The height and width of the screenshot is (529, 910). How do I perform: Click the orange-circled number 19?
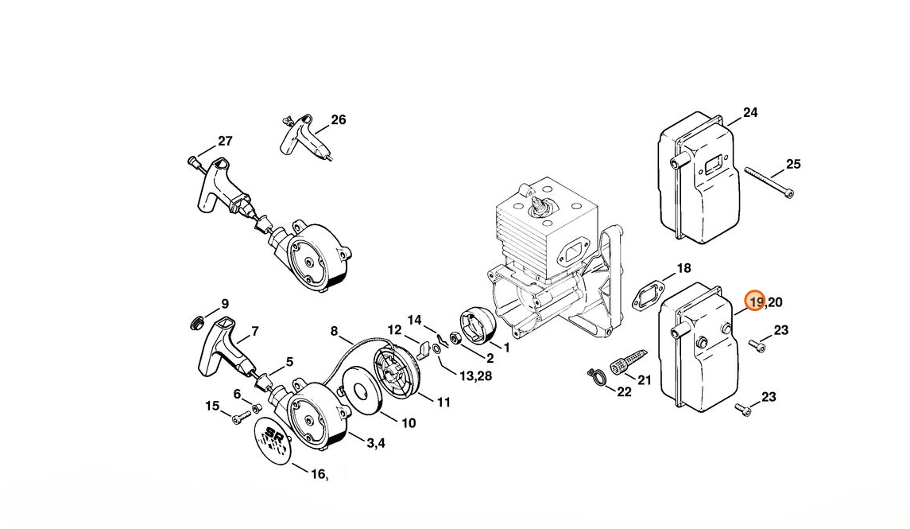point(755,301)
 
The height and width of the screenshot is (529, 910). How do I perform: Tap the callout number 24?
point(750,112)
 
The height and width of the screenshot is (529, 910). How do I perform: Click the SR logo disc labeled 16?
point(272,441)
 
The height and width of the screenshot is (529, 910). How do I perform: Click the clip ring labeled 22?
point(596,376)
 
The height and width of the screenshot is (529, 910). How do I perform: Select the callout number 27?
point(225,141)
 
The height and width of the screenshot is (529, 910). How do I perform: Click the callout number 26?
point(339,119)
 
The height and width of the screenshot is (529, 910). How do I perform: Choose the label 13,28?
point(476,375)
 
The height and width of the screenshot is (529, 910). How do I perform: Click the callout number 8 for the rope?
point(335,331)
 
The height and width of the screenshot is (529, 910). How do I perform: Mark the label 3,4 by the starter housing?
point(376,443)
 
